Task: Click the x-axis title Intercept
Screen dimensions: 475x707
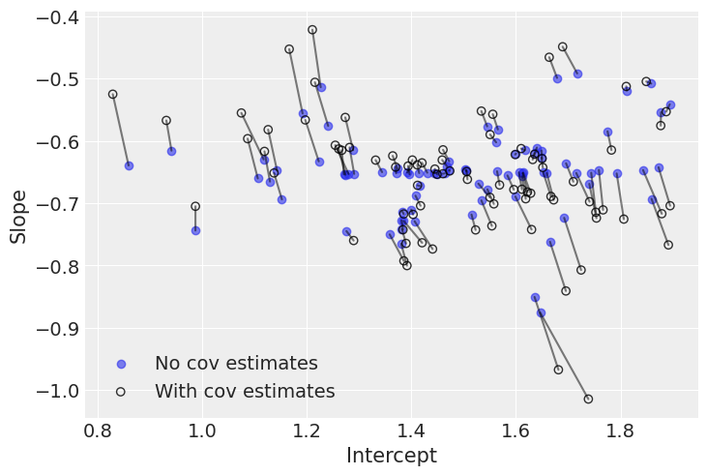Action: pyautogui.click(x=391, y=456)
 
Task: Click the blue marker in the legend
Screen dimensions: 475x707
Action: pyautogui.click(x=121, y=364)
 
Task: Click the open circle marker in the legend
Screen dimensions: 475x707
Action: pyautogui.click(x=121, y=392)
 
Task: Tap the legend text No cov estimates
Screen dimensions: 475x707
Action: pyautogui.click(x=236, y=364)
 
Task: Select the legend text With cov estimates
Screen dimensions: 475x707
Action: pyautogui.click(x=245, y=392)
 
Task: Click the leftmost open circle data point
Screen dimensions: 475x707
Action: pyautogui.click(x=113, y=95)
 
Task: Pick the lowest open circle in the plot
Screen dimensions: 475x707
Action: pyautogui.click(x=588, y=399)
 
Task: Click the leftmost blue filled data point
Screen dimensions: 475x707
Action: pyautogui.click(x=129, y=165)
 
